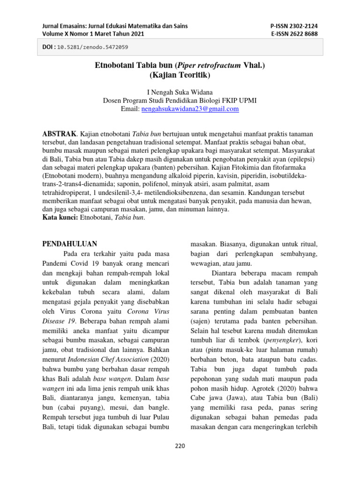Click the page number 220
180,446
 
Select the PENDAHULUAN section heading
69,244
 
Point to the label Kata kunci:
60,217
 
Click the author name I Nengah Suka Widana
180,92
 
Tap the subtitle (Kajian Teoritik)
180,75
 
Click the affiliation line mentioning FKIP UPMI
180,100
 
